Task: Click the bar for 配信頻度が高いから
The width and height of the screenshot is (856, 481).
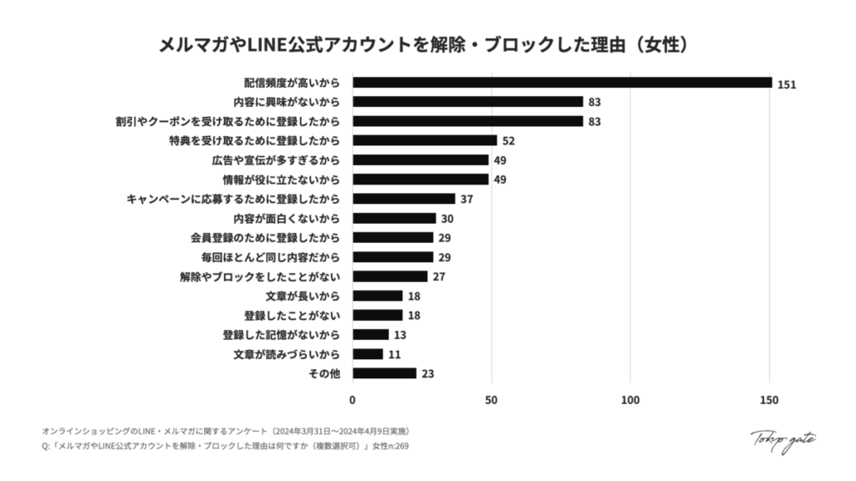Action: tap(562, 83)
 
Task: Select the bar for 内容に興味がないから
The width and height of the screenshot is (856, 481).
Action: tap(467, 102)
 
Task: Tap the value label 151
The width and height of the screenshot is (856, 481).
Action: tap(786, 84)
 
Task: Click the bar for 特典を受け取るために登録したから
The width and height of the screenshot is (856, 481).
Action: tap(425, 140)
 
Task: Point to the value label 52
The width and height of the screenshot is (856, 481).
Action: tap(508, 141)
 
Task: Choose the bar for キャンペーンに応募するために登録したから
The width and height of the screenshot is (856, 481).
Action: tap(404, 199)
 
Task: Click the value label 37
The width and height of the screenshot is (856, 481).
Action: tap(466, 200)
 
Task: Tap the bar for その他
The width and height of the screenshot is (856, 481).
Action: tap(384, 373)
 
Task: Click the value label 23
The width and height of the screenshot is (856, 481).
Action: tap(427, 374)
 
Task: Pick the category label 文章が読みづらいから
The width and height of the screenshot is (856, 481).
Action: tap(287, 354)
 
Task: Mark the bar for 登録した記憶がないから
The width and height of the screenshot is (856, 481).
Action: tap(370, 335)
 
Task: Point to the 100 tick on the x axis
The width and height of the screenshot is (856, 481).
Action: tap(630, 399)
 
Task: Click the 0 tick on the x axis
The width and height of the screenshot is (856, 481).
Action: tap(353, 399)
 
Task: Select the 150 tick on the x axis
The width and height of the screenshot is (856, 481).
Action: tap(769, 399)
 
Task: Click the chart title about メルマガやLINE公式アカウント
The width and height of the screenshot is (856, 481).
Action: tap(428, 44)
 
